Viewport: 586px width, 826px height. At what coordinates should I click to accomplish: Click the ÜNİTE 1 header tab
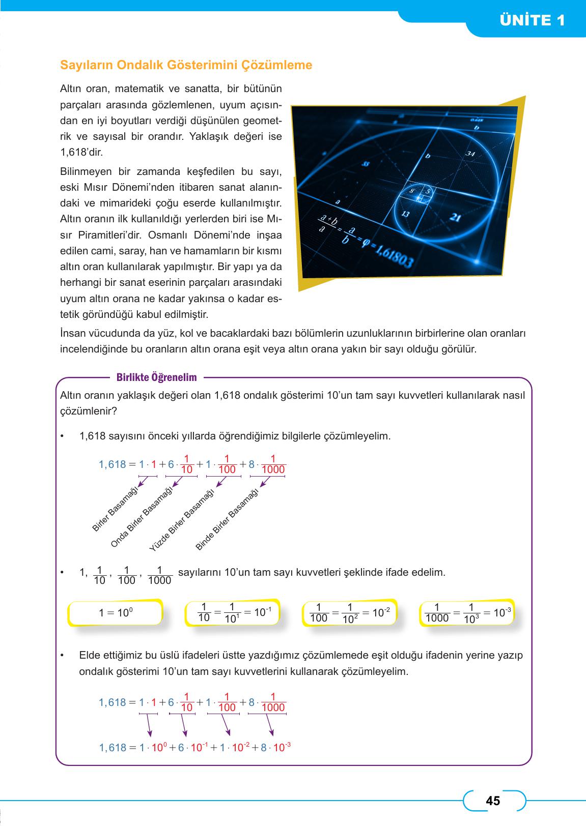533,21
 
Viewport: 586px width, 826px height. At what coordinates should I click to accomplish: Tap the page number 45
493,801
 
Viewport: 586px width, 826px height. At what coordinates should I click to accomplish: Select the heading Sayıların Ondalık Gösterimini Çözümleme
186,65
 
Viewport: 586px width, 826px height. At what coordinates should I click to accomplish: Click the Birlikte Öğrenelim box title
156,377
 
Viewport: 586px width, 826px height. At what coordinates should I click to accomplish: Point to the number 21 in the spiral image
456,218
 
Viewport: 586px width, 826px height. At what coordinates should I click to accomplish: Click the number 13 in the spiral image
405,214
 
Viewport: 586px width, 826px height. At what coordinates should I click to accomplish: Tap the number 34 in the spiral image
470,154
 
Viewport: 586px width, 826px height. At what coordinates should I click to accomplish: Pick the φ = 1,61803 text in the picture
387,252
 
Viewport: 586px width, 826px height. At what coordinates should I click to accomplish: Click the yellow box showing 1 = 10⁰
116,613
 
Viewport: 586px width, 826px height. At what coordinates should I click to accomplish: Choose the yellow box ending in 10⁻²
350,613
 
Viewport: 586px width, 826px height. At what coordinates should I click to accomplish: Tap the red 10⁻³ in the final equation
282,747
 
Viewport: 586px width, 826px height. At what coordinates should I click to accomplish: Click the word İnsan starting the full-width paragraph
71,334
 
